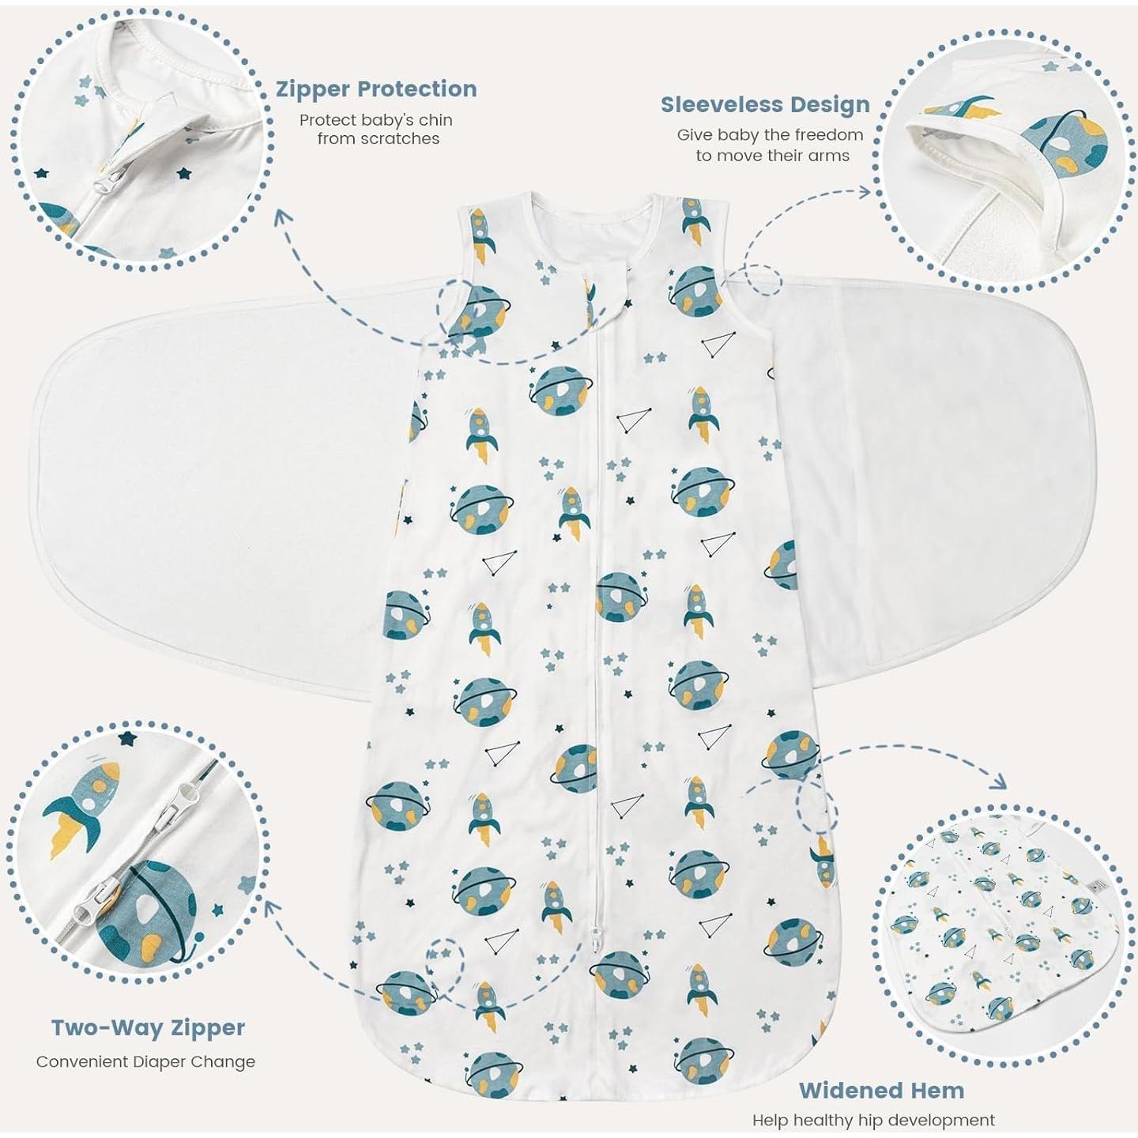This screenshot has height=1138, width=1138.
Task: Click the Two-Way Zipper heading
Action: (x=148, y=1027)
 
